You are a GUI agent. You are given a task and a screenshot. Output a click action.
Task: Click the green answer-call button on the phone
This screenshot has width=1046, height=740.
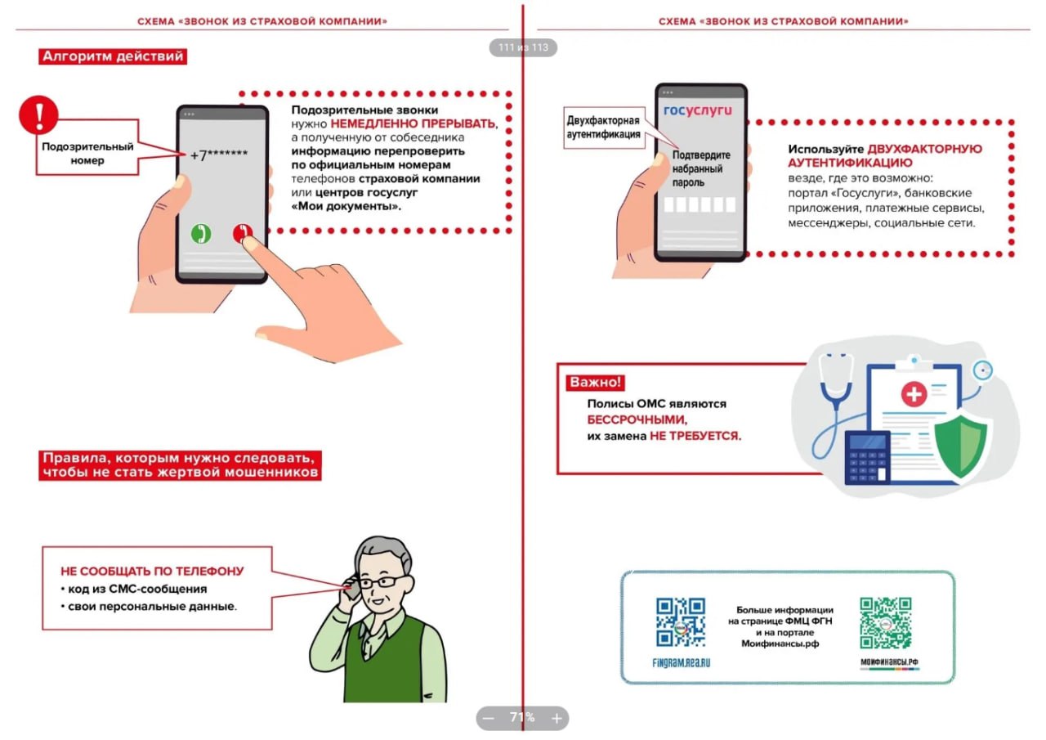pos(201,234)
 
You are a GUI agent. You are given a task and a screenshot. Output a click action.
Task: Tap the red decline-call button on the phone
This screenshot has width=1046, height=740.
pos(243,233)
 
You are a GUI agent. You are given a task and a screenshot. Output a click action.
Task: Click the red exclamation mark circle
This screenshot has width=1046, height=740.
pos(38,115)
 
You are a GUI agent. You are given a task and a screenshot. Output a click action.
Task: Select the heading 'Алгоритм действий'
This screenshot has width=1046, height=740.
pos(113,56)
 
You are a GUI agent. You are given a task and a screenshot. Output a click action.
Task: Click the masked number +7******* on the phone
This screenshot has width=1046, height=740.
pos(218,155)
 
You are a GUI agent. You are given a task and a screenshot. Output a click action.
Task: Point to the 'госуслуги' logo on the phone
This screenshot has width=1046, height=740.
pos(698,110)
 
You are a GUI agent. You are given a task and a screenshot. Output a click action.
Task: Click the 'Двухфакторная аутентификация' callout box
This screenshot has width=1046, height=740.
pos(604,128)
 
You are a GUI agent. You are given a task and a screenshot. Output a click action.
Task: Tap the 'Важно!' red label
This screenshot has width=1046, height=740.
pos(596,383)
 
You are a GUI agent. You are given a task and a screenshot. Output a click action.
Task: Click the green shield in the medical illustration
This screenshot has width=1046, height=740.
pos(961,444)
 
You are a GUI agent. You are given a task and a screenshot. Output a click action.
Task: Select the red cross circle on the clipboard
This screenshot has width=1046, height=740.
pos(914,394)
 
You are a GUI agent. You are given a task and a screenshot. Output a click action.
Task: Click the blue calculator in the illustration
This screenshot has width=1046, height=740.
pos(867,459)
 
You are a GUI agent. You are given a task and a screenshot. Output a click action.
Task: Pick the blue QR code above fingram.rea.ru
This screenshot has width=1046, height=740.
pos(681,622)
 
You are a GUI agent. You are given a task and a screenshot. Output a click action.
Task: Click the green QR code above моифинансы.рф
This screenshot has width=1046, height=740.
pos(885,623)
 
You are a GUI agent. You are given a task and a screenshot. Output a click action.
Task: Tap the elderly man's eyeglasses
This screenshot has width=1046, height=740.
pos(381,582)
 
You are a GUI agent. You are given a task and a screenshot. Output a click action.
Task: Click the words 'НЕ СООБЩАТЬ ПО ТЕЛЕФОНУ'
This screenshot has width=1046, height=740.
pos(152,572)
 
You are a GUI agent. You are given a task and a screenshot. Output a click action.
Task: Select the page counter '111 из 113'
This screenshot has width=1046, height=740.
pos(523,47)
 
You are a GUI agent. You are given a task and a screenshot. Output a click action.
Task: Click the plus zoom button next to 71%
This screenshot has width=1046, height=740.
pos(557,719)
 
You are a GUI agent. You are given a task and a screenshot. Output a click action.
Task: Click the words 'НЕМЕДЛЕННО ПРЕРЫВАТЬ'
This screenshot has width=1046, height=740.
pos(413,123)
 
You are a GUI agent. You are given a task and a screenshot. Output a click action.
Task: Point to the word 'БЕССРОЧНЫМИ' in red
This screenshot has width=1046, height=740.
pos(637,419)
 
